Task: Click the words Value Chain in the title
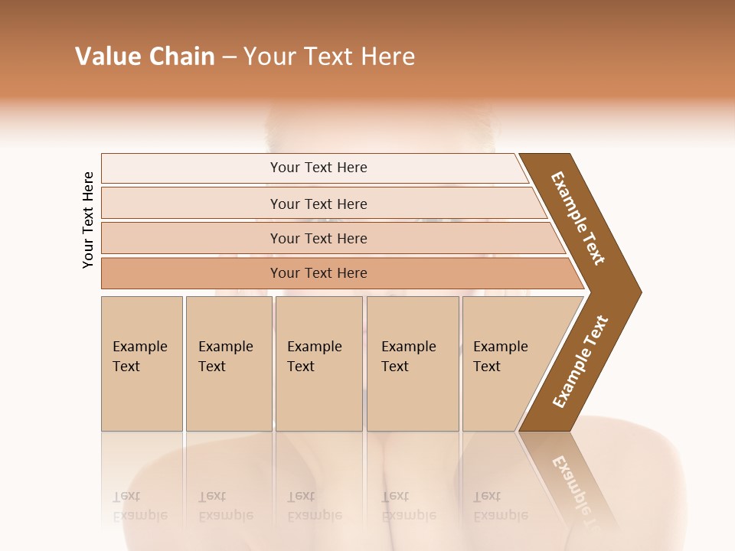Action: click(145, 57)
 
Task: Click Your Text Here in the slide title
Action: click(329, 57)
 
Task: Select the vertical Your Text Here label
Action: click(88, 220)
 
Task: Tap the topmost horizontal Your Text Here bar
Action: click(318, 168)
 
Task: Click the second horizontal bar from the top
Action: click(318, 204)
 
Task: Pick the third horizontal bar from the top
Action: click(318, 238)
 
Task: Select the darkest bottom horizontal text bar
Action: click(318, 273)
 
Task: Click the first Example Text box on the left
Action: click(142, 363)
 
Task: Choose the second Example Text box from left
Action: click(228, 363)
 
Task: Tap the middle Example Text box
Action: click(318, 363)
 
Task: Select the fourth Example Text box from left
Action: click(412, 363)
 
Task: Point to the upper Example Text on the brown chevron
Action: click(578, 218)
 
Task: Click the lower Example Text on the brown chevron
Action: click(580, 362)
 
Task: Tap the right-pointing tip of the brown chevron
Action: click(637, 292)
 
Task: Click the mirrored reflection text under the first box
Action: click(139, 507)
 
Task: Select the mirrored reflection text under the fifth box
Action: click(500, 507)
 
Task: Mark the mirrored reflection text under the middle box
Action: click(314, 507)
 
